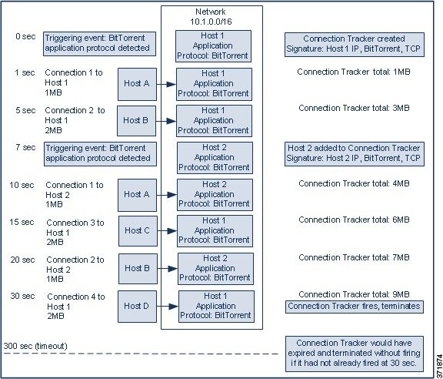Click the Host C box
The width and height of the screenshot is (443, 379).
pyautogui.click(x=138, y=231)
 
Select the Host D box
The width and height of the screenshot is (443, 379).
pyautogui.click(x=138, y=307)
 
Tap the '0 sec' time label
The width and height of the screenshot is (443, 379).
pyautogui.click(x=25, y=36)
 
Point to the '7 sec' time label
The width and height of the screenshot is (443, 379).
pyautogui.click(x=25, y=147)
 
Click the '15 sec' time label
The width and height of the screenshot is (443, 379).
pyautogui.click(x=22, y=222)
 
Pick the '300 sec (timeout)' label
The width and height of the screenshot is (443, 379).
pyautogui.click(x=35, y=346)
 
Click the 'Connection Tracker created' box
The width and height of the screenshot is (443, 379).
pyautogui.click(x=355, y=45)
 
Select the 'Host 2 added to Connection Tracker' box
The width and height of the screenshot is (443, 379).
pyautogui.click(x=355, y=154)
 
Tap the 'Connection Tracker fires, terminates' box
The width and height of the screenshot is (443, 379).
pyautogui.click(x=355, y=307)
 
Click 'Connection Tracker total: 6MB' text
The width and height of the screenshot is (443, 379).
pyautogui.click(x=354, y=220)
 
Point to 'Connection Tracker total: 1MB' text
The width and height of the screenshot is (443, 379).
pyautogui.click(x=354, y=72)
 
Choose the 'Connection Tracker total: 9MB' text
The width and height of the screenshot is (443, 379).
pyautogui.click(x=354, y=294)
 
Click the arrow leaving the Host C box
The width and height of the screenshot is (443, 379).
pyautogui.click(x=167, y=231)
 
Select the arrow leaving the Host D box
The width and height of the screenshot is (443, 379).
pyautogui.click(x=168, y=307)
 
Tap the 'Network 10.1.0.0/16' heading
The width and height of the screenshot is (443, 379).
pyautogui.click(x=211, y=17)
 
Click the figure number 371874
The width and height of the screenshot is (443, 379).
pyautogui.click(x=439, y=364)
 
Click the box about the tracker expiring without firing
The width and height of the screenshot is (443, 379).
pyautogui.click(x=355, y=354)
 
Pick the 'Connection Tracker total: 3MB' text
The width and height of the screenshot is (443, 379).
pyautogui.click(x=354, y=108)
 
